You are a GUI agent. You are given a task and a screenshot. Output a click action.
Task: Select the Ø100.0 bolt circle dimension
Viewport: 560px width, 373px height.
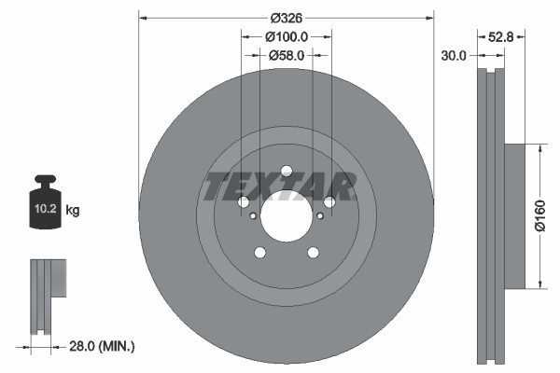[287, 37]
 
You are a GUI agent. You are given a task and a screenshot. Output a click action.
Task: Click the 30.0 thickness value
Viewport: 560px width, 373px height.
[454, 56]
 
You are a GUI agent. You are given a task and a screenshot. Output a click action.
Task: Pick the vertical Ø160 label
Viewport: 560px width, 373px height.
[539, 215]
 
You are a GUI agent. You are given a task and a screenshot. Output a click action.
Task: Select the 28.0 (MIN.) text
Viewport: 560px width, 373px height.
[102, 346]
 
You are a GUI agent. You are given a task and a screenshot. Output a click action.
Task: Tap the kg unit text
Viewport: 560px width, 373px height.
[73, 211]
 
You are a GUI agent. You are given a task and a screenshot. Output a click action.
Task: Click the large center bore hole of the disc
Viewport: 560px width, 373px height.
[287, 216]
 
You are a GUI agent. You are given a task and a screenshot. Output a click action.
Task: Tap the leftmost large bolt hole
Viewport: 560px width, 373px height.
[244, 202]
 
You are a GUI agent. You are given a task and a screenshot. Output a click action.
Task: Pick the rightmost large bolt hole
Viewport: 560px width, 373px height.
[329, 202]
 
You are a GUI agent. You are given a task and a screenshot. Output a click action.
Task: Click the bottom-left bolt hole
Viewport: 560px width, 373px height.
[260, 253]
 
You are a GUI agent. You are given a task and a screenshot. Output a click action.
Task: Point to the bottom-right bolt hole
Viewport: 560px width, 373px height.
[313, 253]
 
